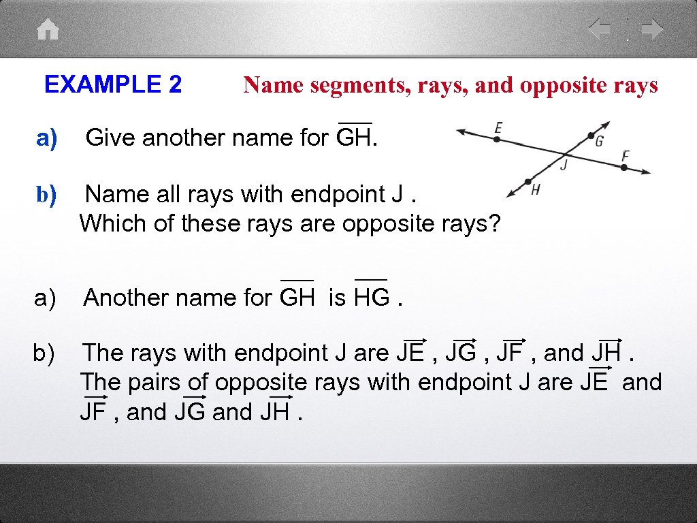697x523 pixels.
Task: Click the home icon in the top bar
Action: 48,30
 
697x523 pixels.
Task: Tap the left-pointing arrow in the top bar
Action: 600,29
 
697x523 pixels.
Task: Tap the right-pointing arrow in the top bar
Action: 652,29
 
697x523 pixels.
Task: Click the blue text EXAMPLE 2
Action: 113,85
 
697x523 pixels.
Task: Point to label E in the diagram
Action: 498,127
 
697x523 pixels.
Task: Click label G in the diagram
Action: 599,142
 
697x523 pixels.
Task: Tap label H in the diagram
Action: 536,190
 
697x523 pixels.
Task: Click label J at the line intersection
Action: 564,164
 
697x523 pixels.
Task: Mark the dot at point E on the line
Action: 497,139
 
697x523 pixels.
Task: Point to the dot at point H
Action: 528,182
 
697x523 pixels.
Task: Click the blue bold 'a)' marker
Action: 48,138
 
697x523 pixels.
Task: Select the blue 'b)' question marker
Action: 47,195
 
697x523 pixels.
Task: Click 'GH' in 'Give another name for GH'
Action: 354,138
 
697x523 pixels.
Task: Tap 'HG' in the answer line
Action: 371,298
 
